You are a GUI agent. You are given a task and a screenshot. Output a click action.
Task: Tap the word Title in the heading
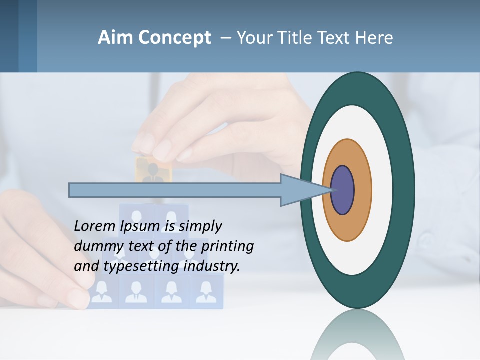295,38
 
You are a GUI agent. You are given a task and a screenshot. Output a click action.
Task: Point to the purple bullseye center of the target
342,190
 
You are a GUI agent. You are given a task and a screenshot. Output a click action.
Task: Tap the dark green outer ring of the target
403,190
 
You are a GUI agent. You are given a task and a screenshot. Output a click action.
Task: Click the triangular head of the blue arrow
300,190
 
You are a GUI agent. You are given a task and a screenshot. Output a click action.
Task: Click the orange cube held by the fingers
153,170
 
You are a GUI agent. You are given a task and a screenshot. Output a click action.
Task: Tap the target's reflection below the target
357,335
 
